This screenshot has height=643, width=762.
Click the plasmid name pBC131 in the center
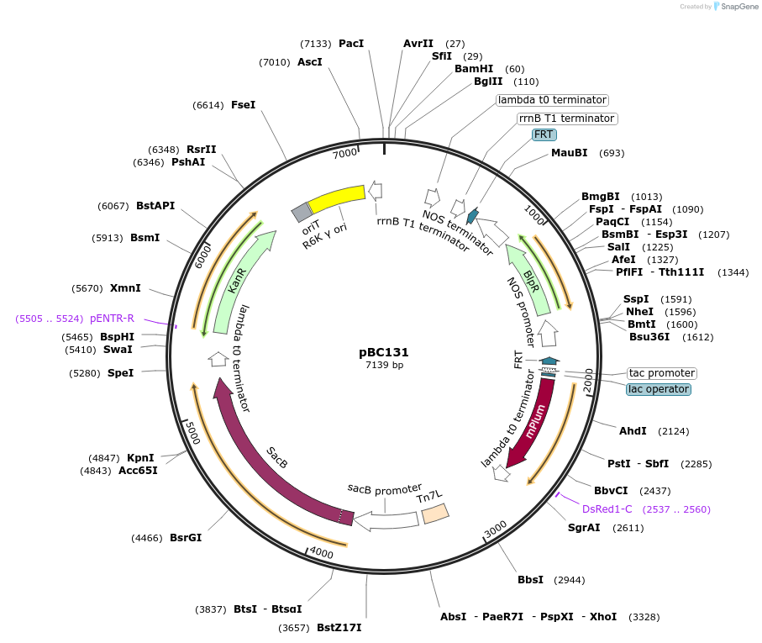click(384, 352)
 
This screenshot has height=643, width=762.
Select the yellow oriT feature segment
click(336, 199)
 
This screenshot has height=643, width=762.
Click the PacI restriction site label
click(351, 43)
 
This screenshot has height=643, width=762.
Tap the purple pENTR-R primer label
click(112, 319)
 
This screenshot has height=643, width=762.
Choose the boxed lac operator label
click(659, 389)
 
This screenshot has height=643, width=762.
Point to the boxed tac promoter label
click(662, 373)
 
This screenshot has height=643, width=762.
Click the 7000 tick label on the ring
click(344, 154)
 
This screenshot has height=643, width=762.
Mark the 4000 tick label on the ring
click(322, 553)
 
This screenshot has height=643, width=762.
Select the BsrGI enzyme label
click(186, 538)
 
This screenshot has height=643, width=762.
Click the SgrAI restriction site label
click(584, 528)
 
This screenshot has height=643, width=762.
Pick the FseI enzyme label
click(243, 105)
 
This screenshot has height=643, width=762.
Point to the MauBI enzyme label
click(570, 153)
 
